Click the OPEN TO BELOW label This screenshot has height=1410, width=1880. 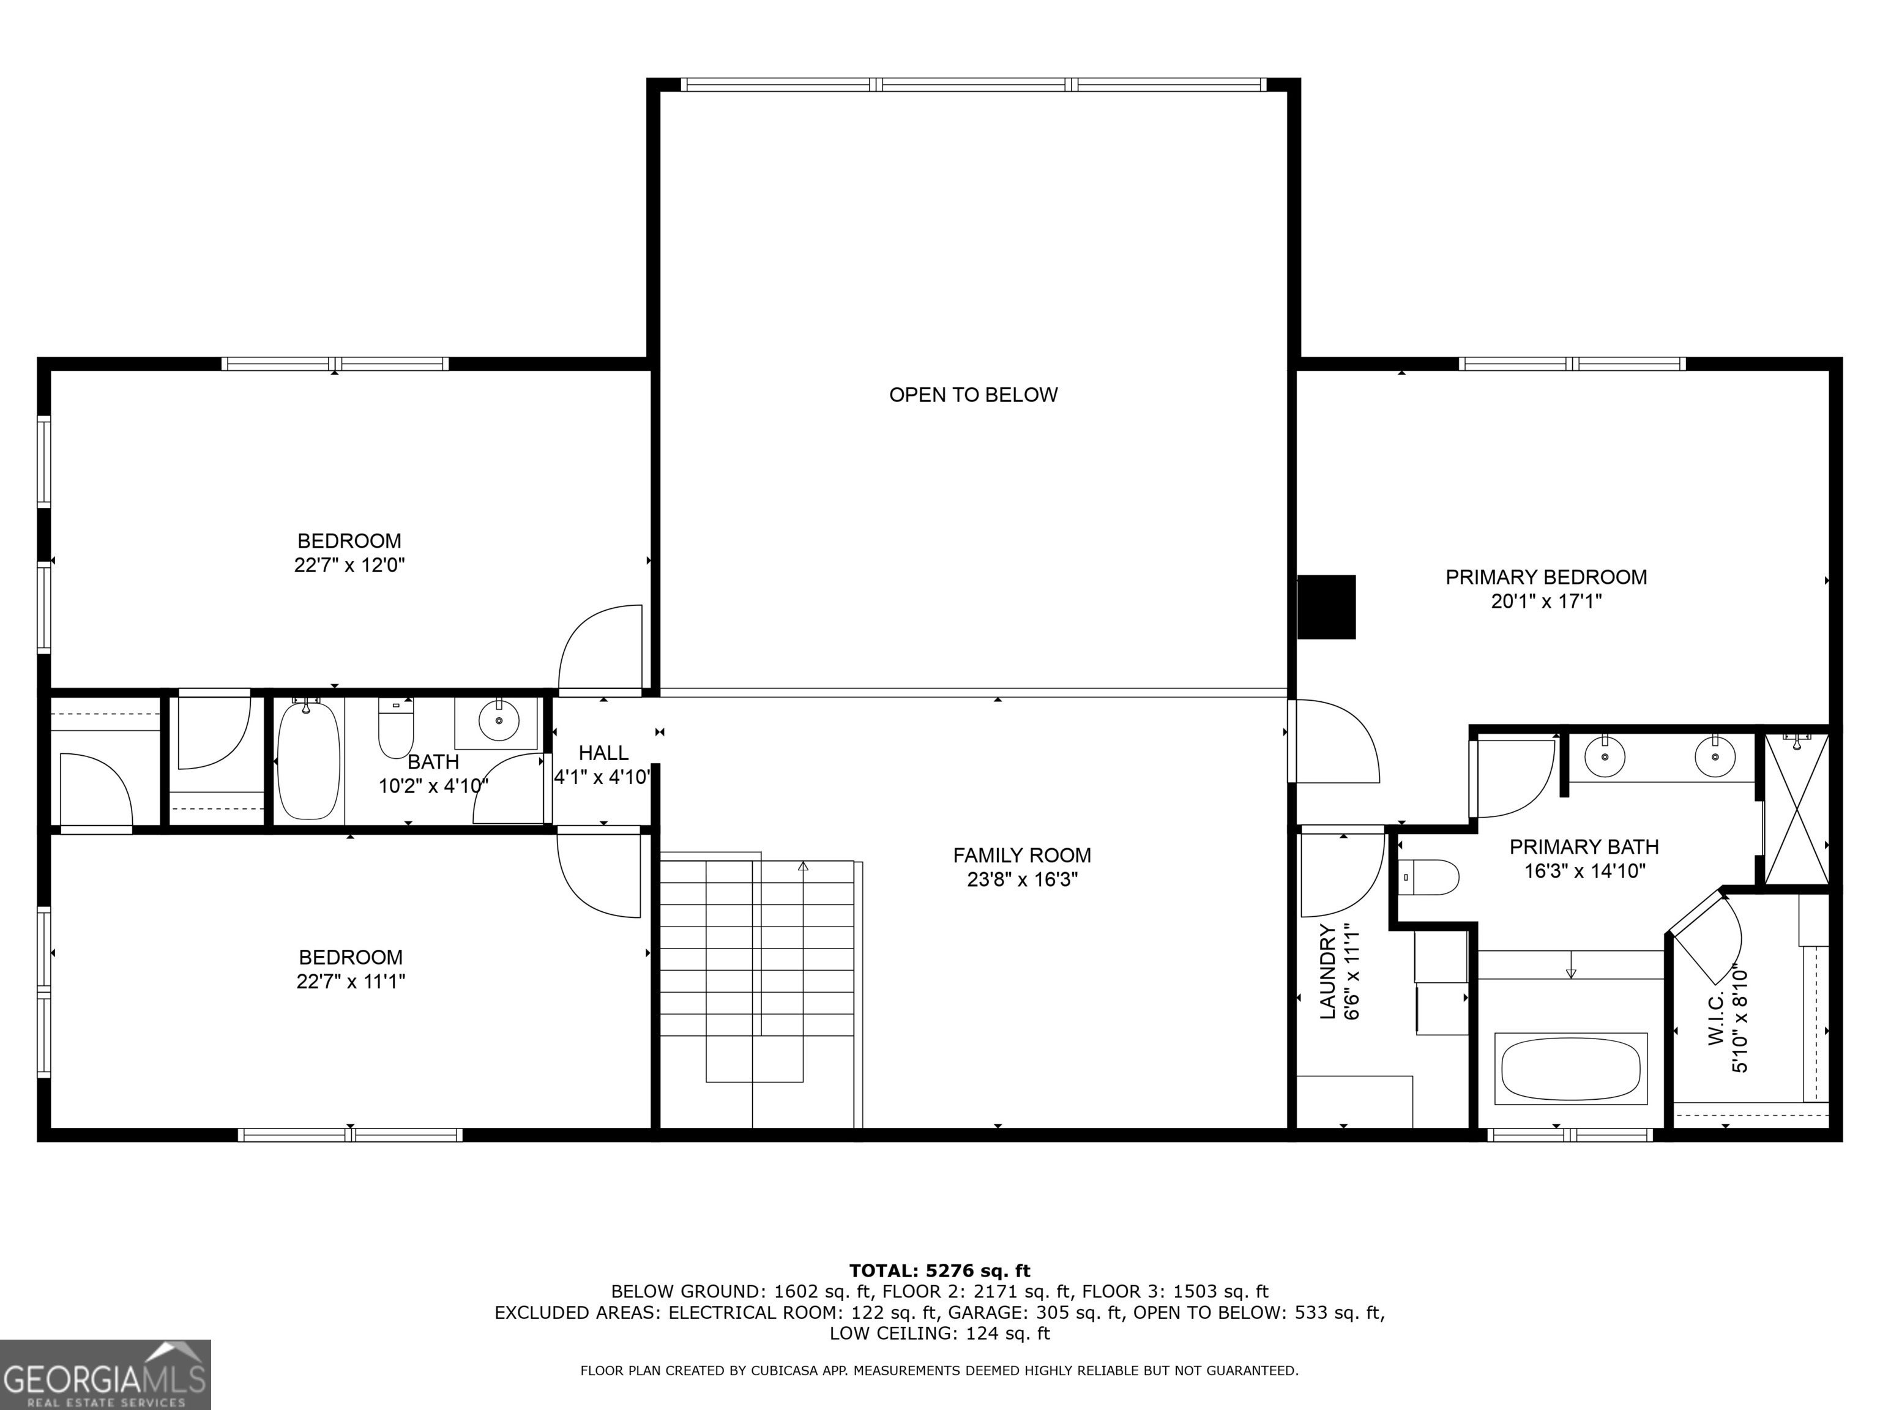coord(973,394)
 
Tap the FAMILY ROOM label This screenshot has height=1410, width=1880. coord(1021,855)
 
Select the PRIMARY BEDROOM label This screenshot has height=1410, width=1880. coord(1546,577)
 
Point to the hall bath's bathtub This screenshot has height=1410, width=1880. coord(308,761)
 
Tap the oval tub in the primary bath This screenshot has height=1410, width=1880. coord(1570,1069)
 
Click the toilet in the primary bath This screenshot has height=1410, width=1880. coord(1430,876)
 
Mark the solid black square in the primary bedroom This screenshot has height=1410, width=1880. coord(1326,607)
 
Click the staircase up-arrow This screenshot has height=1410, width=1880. coord(802,867)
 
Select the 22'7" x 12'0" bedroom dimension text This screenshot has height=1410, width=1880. coord(349,565)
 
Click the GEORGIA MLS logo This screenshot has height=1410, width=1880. coord(105,1375)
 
